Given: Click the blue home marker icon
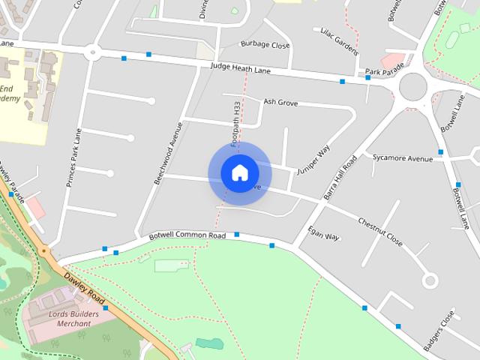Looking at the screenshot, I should [x=239, y=172].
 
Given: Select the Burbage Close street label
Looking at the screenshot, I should [x=265, y=45].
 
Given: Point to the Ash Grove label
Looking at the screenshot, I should [x=281, y=102].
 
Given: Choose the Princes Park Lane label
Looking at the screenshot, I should [x=73, y=158].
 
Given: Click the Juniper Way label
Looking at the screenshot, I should [x=313, y=159].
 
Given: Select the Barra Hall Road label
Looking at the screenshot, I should [x=340, y=177].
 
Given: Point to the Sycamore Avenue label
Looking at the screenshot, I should [x=403, y=158].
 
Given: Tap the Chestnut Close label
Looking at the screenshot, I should [x=380, y=232].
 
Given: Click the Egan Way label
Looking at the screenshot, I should [x=324, y=232].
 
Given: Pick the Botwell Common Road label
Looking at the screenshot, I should [x=187, y=235].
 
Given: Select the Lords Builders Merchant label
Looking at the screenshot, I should [x=68, y=319].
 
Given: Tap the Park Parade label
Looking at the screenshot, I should [x=384, y=73].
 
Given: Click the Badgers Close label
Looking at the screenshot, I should [x=439, y=330].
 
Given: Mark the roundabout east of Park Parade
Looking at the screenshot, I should [x=418, y=86].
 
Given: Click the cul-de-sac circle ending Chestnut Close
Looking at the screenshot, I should [x=430, y=280].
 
